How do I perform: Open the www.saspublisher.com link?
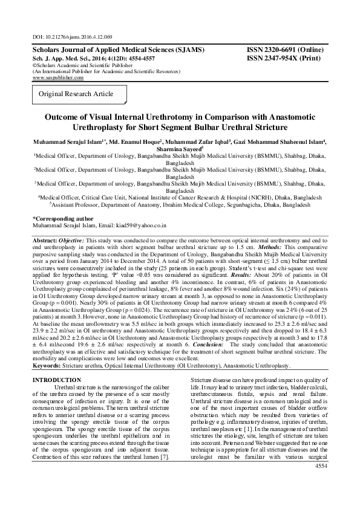[58, 78]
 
